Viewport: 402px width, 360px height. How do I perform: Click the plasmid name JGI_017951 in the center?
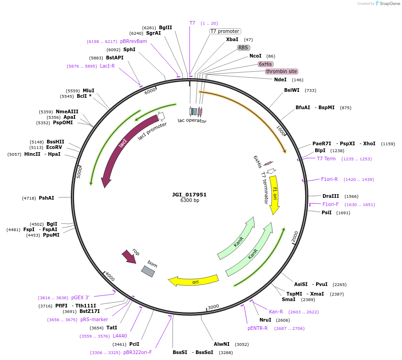coord(189,195)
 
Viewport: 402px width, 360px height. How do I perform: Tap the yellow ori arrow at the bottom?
coord(194,281)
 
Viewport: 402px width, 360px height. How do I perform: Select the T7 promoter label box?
coord(225,31)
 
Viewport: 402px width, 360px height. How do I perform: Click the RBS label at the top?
coord(243,48)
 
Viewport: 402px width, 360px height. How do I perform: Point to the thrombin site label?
coord(281,71)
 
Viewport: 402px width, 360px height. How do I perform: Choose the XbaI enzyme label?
coord(232,39)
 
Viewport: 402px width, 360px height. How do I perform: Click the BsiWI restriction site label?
coord(292,90)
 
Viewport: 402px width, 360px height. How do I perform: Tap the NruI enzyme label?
coord(265,320)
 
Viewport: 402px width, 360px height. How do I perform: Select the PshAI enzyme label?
coord(47,198)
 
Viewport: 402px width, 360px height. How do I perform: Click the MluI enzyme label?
coord(89,90)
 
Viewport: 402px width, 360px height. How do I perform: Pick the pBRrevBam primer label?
coord(133,41)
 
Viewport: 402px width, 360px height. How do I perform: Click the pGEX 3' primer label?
coord(80,297)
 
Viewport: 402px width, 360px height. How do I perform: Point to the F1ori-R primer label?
coord(329,179)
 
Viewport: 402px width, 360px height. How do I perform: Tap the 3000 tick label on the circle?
coord(213,307)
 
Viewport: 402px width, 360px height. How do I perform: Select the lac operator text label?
coord(192,121)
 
